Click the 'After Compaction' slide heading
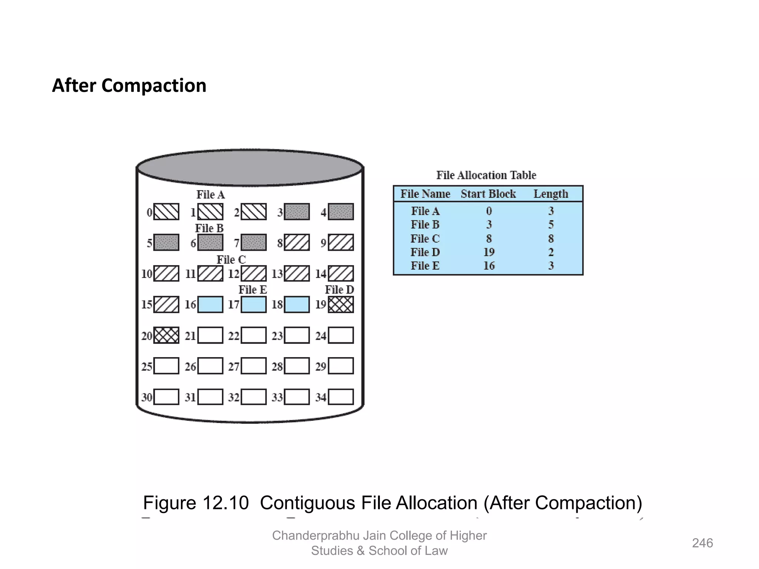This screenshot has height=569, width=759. tap(129, 86)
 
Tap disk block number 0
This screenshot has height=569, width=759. tap(166, 212)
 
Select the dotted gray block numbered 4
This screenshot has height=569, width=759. tap(341, 212)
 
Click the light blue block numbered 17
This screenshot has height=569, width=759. tap(253, 305)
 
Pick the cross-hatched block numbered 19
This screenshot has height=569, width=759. tap(341, 305)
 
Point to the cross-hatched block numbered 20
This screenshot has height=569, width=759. tap(166, 335)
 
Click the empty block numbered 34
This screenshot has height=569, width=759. tap(341, 397)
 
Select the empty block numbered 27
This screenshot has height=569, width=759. tap(253, 366)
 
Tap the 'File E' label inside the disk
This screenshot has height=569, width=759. tap(252, 290)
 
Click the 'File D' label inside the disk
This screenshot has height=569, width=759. tap(339, 290)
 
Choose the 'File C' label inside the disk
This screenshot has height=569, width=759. tap(231, 259)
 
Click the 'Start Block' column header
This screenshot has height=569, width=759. tap(488, 194)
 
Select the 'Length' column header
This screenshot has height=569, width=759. tap(550, 194)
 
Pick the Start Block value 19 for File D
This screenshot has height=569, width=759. tap(489, 252)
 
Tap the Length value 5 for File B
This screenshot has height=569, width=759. tap(551, 224)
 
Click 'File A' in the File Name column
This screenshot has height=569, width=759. tap(425, 211)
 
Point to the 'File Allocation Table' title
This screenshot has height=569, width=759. tap(486, 175)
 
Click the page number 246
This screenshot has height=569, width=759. tap(702, 543)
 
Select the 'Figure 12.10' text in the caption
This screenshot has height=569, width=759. tap(196, 503)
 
